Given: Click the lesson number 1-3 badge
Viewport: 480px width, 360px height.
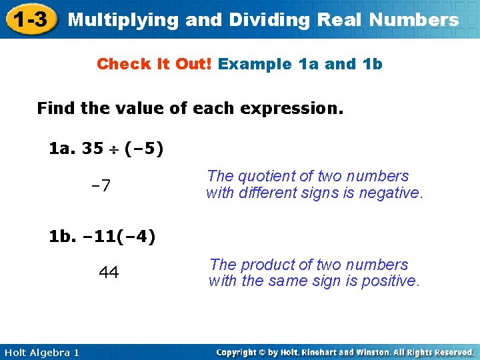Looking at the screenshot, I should point(30,19).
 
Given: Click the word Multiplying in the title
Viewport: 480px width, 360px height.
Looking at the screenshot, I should point(124,20).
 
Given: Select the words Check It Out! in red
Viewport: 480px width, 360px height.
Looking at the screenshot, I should point(154,65).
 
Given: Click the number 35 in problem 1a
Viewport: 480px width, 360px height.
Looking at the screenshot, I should point(92,148).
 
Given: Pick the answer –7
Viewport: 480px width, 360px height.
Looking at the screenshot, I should point(101,185).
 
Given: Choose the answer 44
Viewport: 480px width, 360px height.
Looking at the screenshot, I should point(109,272).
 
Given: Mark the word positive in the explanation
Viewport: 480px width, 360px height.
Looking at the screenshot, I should point(390,281).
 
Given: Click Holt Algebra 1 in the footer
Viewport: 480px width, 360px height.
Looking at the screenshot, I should point(41,352).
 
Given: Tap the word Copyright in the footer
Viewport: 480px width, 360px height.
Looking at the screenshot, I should point(238,352).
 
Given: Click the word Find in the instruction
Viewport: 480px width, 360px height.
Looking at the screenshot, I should point(56,108).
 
